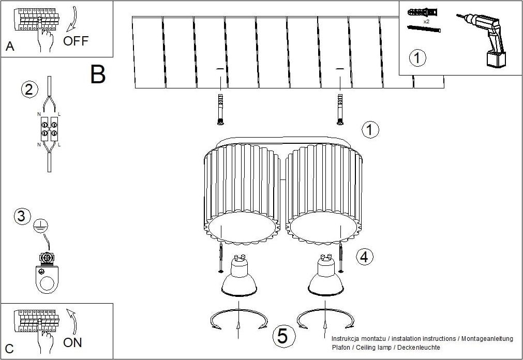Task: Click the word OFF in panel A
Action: tap(76, 41)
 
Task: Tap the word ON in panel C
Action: tap(72, 342)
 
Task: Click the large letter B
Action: tap(98, 74)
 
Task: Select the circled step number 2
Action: tap(29, 89)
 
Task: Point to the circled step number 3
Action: tap(22, 216)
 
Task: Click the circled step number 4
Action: tap(365, 257)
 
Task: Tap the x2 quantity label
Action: tap(426, 21)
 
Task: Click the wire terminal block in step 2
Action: tap(49, 128)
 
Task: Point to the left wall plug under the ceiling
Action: tap(220, 110)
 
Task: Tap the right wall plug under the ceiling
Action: tap(340, 110)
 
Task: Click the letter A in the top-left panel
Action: tap(10, 46)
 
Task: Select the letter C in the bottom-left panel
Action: tap(9, 349)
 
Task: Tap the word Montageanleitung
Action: tap(487, 339)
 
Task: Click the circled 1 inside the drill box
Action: tap(417, 58)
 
